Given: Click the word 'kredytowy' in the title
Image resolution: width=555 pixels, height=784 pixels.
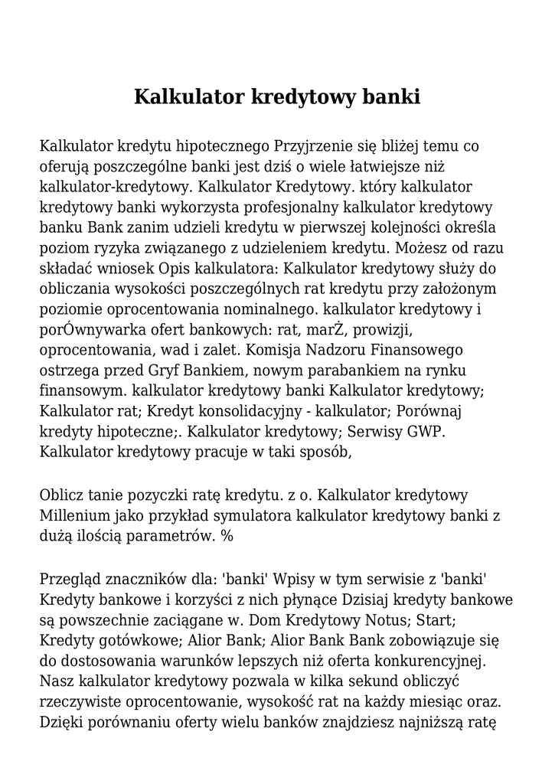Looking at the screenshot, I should click(306, 99).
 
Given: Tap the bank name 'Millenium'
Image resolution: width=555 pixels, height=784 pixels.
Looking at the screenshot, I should click(74, 516).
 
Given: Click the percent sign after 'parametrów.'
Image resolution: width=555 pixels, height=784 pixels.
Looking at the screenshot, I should click(227, 537).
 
